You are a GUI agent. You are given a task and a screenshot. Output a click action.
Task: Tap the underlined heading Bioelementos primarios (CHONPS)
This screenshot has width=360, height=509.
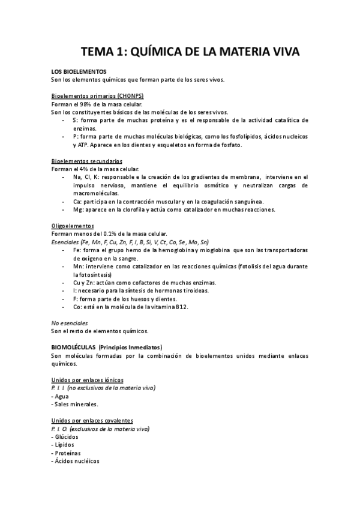point(97,96)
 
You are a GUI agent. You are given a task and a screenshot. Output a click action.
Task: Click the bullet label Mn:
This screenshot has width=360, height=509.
point(78,265)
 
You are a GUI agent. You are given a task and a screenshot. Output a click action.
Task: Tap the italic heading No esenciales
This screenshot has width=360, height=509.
point(70,323)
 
